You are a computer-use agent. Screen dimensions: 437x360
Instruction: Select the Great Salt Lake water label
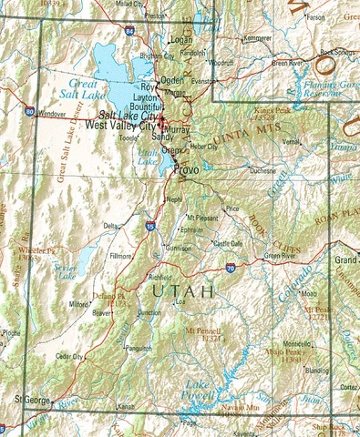click(84, 87)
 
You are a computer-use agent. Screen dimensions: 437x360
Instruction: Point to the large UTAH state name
click(183, 291)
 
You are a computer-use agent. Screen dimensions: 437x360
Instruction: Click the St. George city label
click(30, 399)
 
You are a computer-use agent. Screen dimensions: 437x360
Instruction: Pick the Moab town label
click(308, 294)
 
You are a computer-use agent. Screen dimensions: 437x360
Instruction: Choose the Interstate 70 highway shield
click(231, 269)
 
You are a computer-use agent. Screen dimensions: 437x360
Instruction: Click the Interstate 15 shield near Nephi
click(150, 225)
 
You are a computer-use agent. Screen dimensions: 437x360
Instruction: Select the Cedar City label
click(69, 356)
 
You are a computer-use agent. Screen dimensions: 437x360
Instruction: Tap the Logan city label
click(181, 41)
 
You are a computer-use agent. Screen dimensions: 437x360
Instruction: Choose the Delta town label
click(110, 225)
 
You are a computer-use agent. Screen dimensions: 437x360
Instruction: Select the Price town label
click(232, 209)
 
